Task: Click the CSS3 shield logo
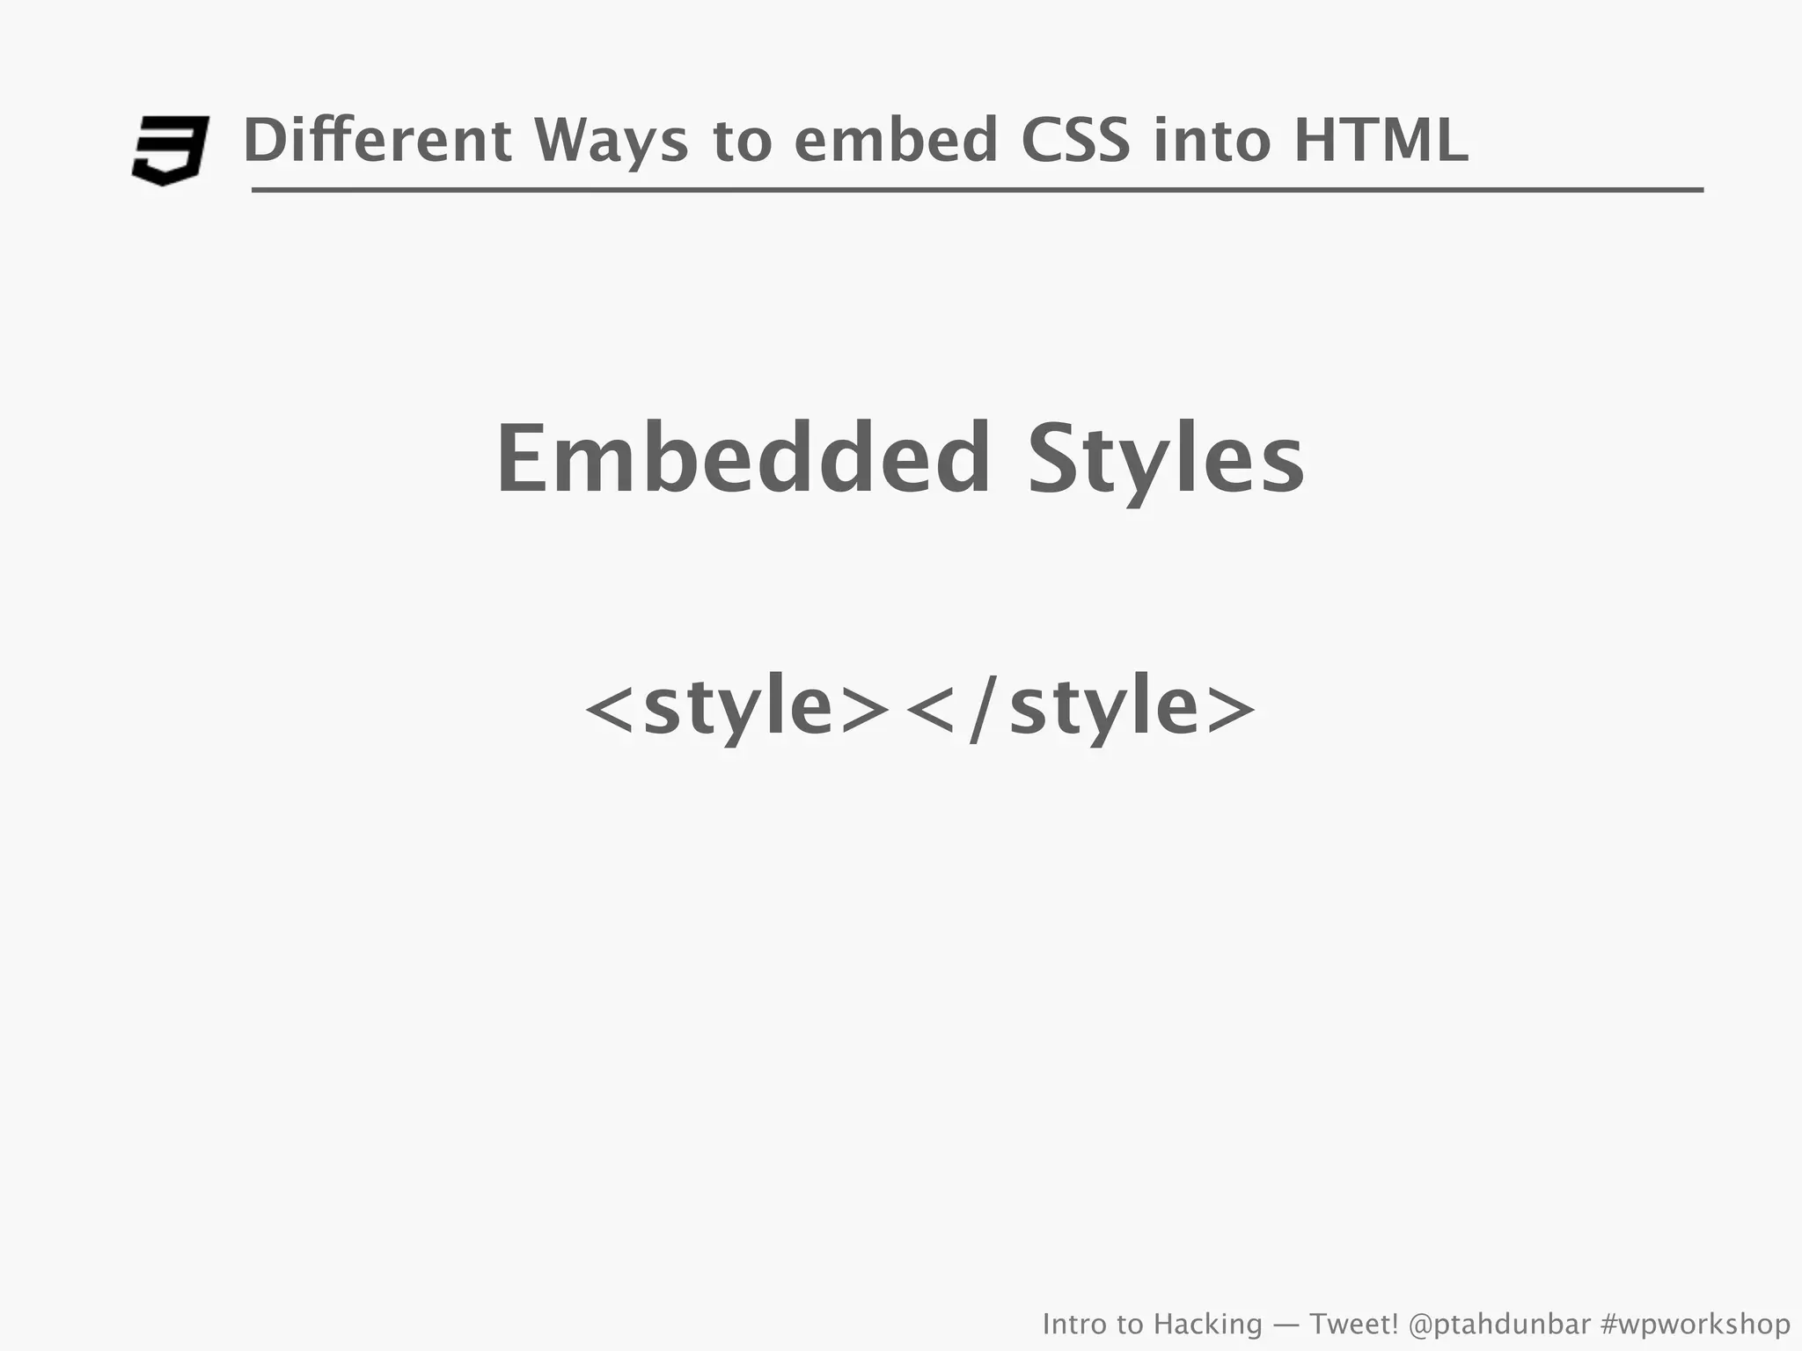pos(171,150)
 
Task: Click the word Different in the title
pos(377,141)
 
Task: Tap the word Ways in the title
pos(611,141)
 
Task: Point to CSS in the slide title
pos(1074,141)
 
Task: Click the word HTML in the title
pos(1381,141)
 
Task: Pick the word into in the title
pos(1212,141)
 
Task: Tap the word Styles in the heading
pos(1166,460)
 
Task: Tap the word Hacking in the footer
pos(1207,1324)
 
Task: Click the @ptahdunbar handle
pos(1499,1324)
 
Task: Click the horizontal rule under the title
pos(977,189)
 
